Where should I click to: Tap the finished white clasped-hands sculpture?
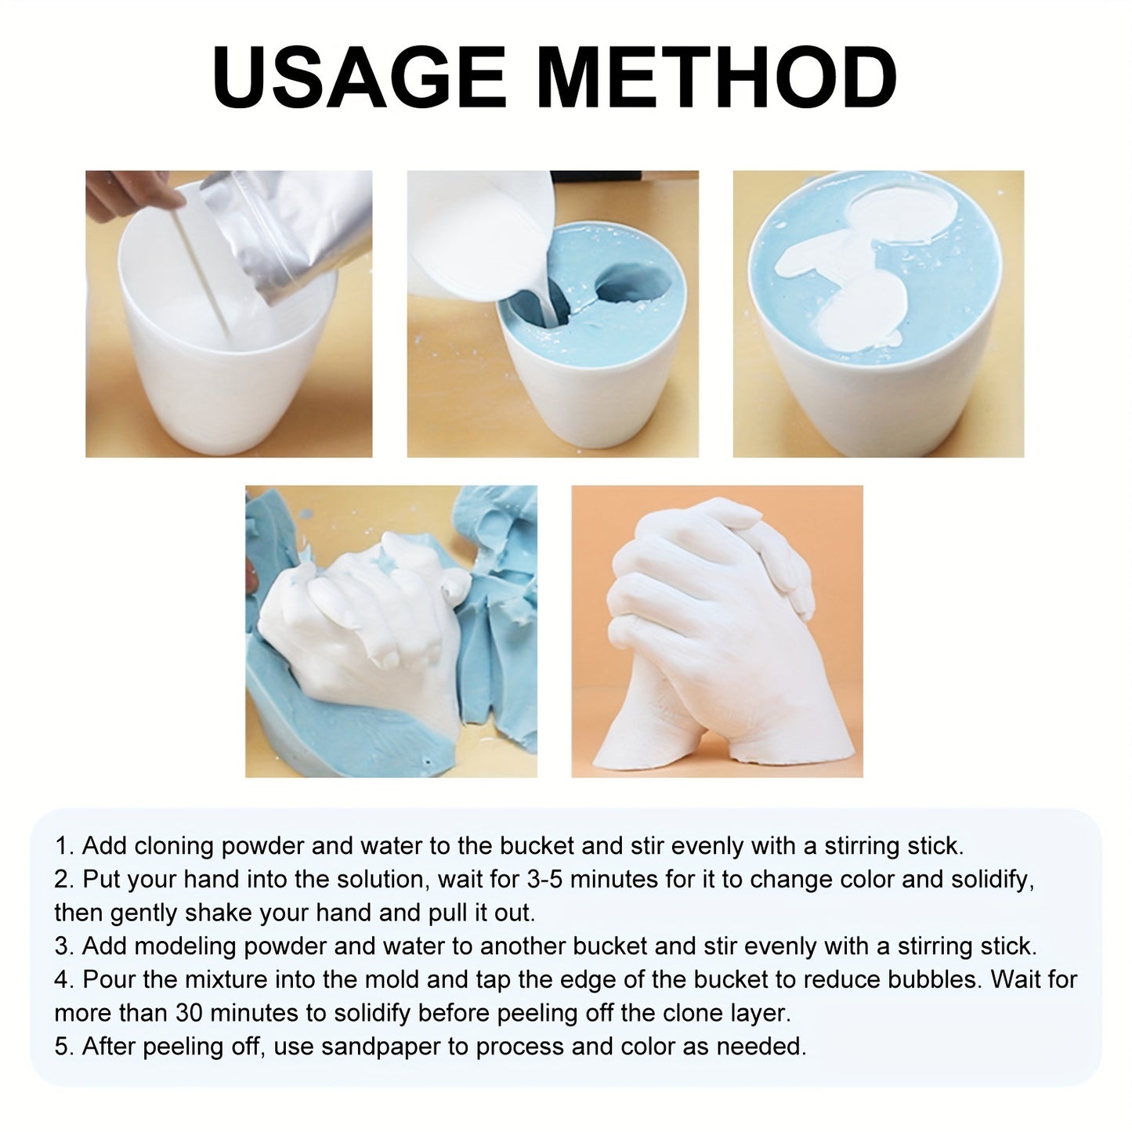(x=706, y=635)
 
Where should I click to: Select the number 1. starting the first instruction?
(x=65, y=847)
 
